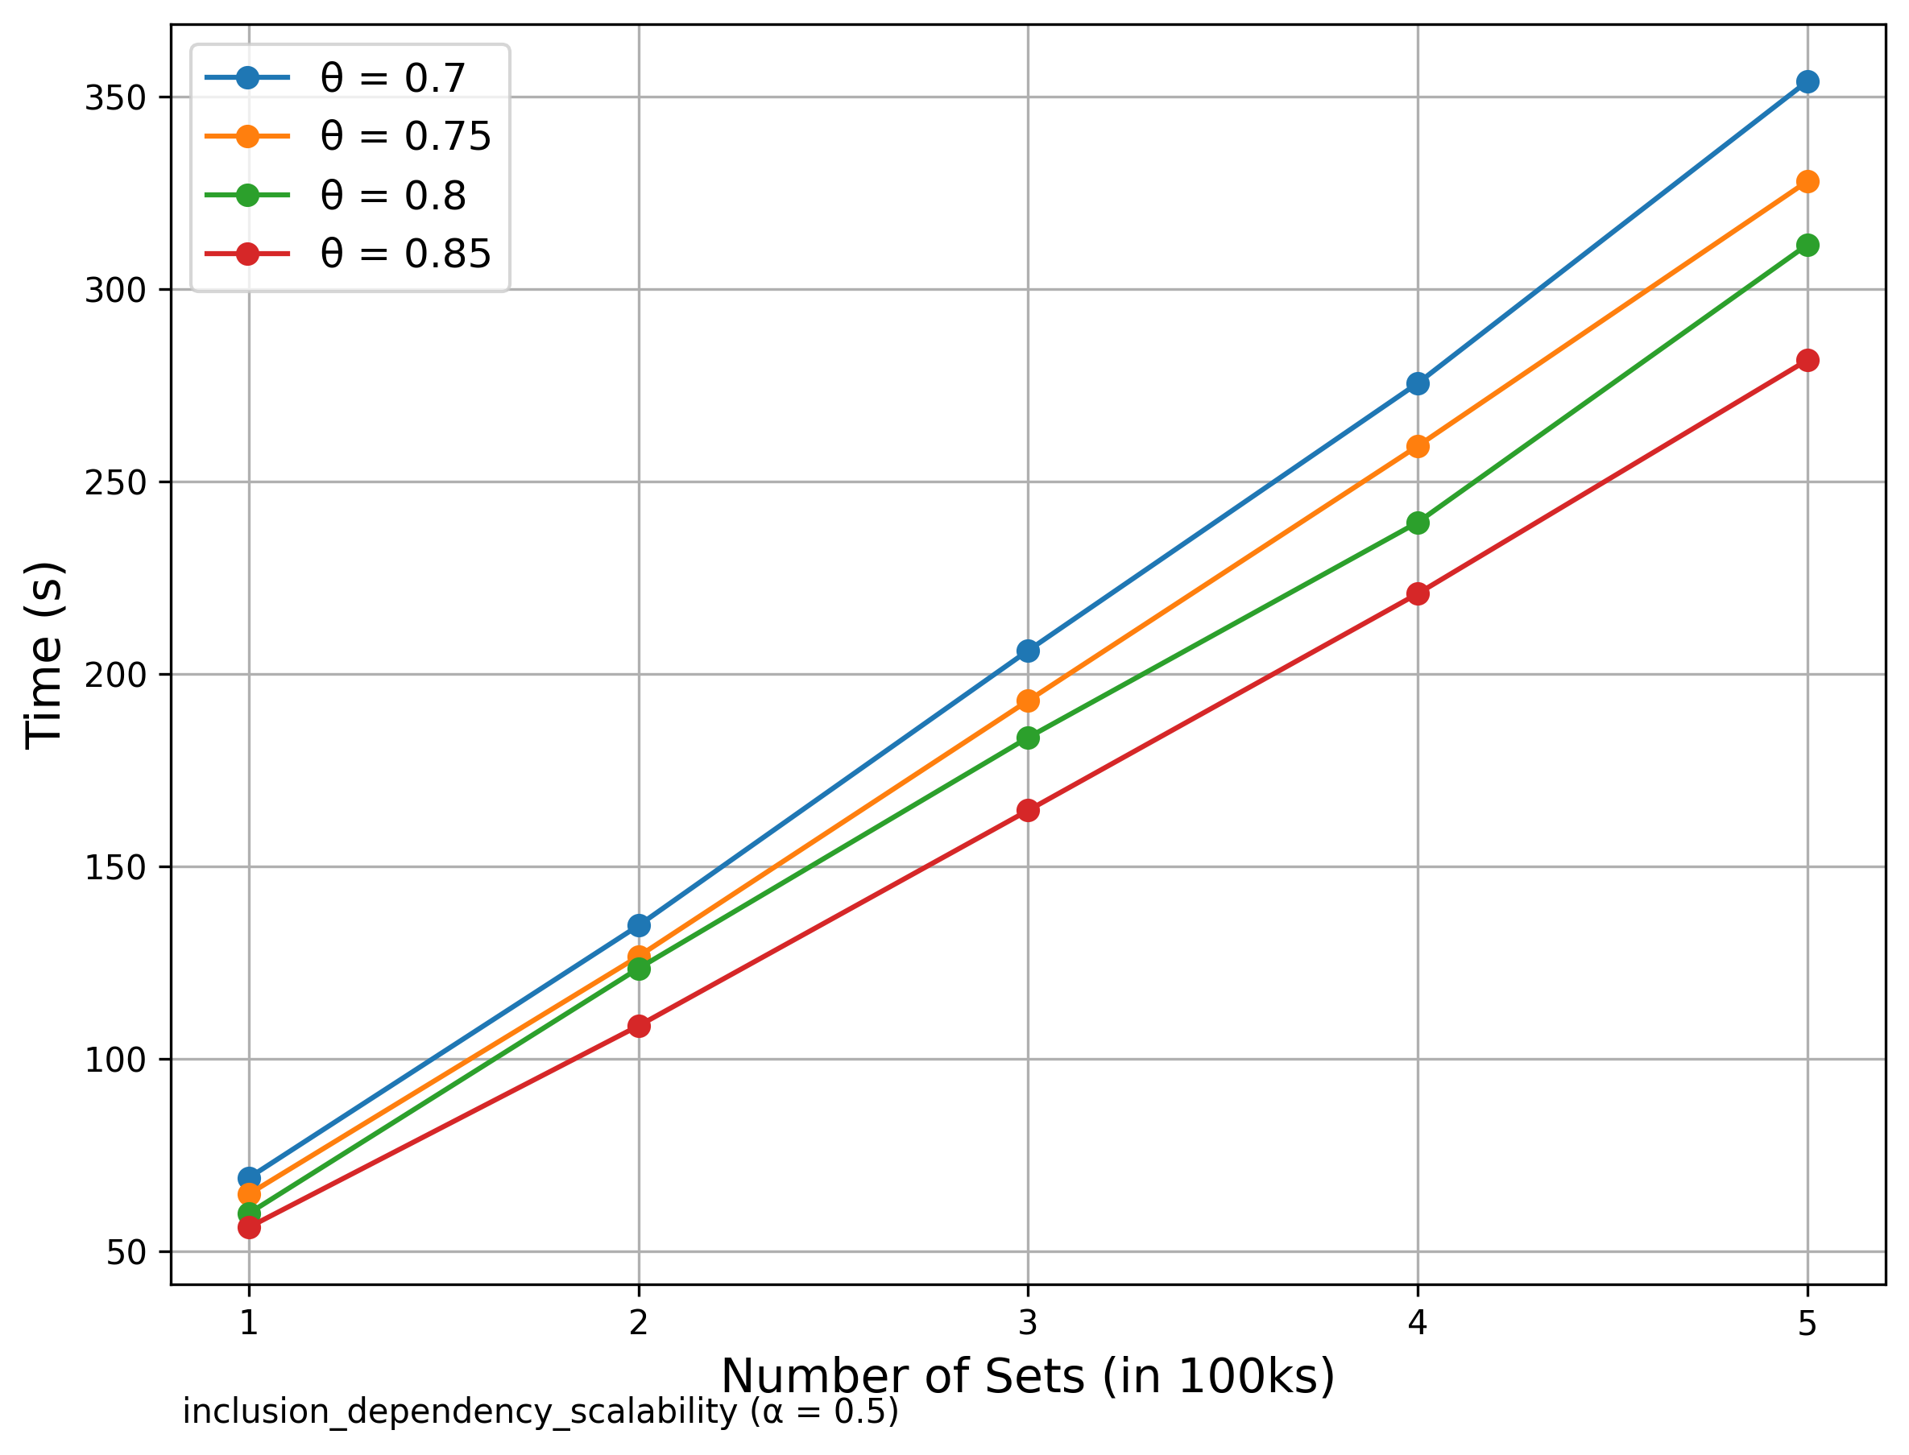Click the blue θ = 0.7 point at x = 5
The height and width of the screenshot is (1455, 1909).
[1807, 82]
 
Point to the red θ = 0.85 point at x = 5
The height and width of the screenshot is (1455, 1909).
[1807, 360]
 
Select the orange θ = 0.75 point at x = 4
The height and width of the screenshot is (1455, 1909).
[1417, 447]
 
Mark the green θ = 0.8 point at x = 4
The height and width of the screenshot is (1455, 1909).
[1417, 523]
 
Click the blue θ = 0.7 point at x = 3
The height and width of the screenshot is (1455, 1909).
[1028, 651]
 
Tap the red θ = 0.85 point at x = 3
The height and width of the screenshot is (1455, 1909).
[1028, 810]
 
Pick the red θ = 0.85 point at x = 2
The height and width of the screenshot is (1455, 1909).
[639, 1026]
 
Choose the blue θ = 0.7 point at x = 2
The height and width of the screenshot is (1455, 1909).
[639, 925]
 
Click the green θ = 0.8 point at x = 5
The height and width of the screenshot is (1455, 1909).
[1807, 245]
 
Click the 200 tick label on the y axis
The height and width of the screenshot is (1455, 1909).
[114, 675]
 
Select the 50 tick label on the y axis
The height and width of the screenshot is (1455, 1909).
[125, 1252]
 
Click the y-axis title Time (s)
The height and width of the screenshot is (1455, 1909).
[43, 654]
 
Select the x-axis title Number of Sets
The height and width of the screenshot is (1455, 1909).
[1028, 1376]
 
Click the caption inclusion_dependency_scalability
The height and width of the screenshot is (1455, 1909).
[540, 1412]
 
